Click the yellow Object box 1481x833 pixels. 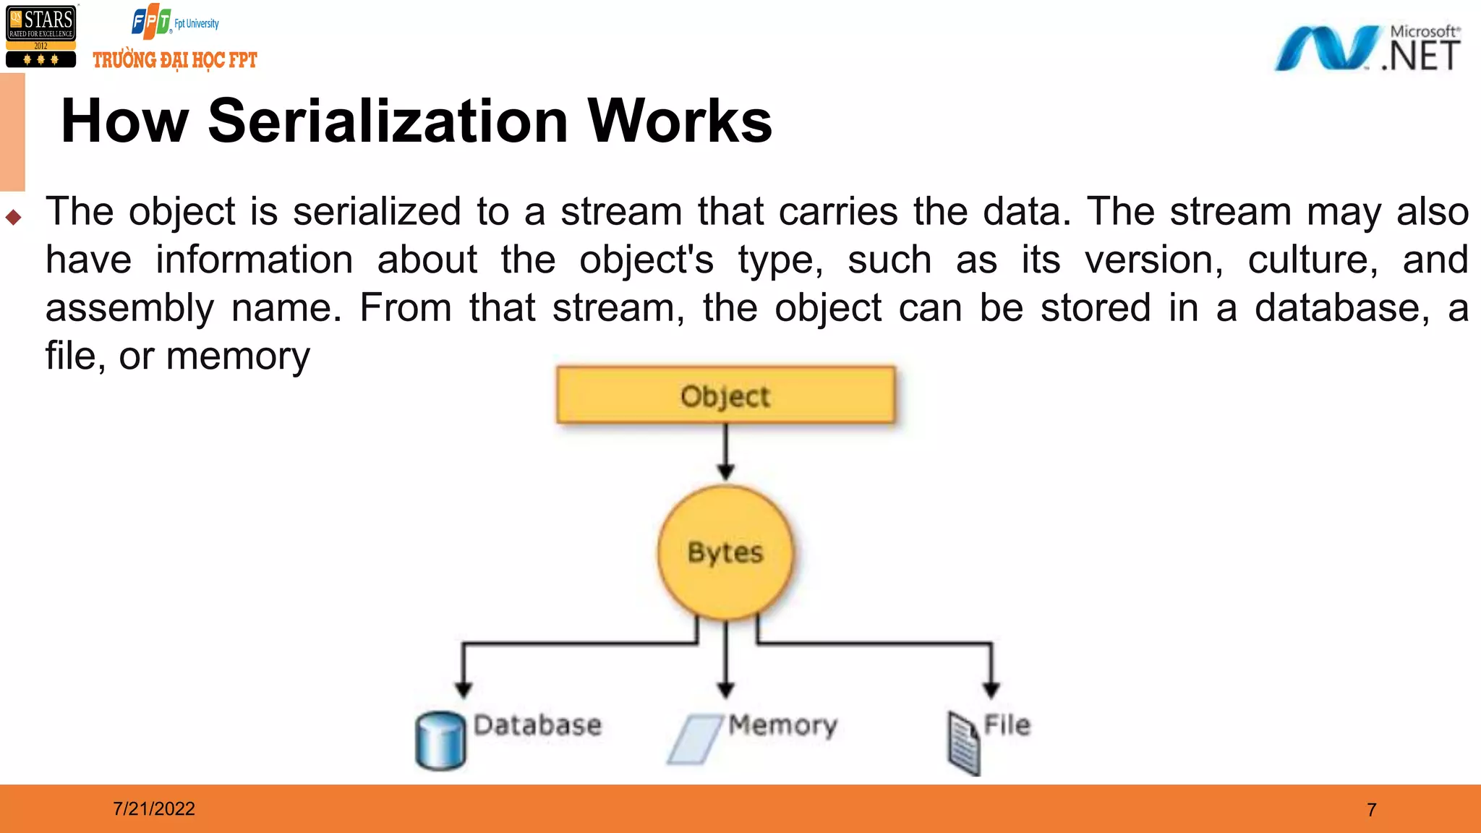pyautogui.click(x=725, y=395)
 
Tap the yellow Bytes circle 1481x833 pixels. pyautogui.click(x=725, y=552)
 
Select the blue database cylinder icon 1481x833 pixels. pyautogui.click(x=440, y=740)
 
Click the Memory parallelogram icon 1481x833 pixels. pyautogui.click(x=694, y=739)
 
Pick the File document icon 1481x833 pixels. pyautogui.click(x=964, y=743)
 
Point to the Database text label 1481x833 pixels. pyautogui.click(x=537, y=725)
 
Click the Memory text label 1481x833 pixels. pyautogui.click(x=782, y=725)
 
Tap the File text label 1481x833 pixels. pyautogui.click(x=1007, y=725)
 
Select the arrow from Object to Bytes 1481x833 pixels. pyautogui.click(x=726, y=452)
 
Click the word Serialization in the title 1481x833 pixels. pyautogui.click(x=388, y=121)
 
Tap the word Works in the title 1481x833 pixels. pyautogui.click(x=680, y=121)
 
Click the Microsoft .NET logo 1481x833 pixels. pyautogui.click(x=1367, y=48)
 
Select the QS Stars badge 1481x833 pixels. pyautogui.click(x=40, y=36)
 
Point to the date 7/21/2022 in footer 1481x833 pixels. pyautogui.click(x=153, y=808)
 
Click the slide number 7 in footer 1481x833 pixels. pyautogui.click(x=1371, y=809)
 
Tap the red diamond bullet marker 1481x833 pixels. pyautogui.click(x=13, y=217)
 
